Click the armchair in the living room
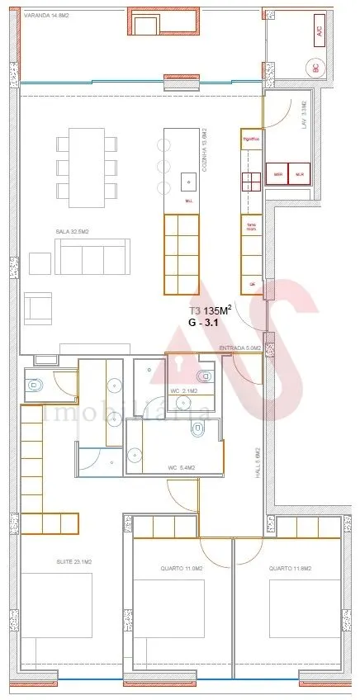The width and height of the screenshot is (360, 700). [x=38, y=307]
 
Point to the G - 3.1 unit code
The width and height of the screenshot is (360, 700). [x=207, y=325]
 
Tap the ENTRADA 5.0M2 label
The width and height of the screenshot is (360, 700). [x=240, y=349]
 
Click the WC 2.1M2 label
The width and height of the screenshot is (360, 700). [x=182, y=390]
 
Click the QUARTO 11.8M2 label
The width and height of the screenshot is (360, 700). [x=289, y=569]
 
